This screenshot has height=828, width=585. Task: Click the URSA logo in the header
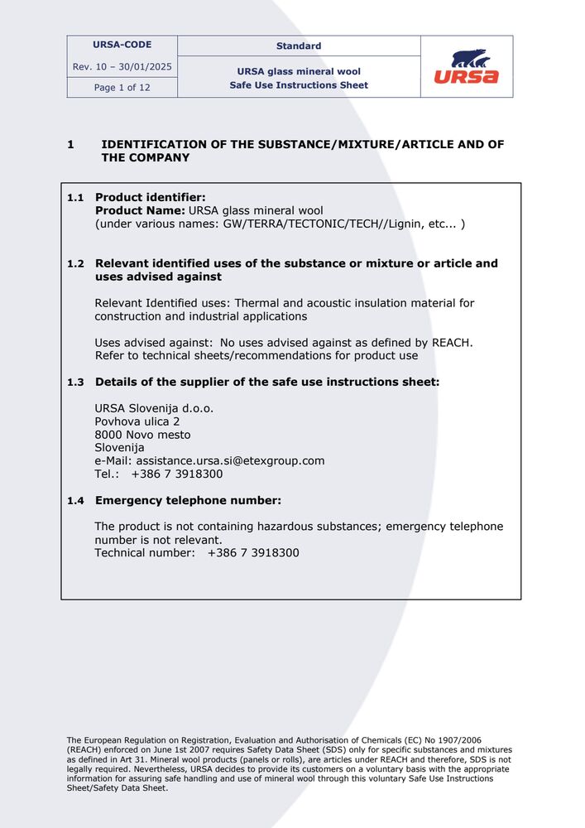point(467,67)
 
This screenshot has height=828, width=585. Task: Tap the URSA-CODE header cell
point(122,45)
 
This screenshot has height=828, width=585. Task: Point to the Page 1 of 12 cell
point(122,87)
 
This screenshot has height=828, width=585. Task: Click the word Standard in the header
point(299,46)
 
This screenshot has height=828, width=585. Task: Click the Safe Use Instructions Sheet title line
point(299,85)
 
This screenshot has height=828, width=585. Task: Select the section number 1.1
point(75,198)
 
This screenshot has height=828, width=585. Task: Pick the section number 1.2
point(75,264)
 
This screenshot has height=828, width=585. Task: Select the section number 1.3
point(75,383)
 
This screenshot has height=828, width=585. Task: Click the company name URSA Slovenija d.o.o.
point(155,408)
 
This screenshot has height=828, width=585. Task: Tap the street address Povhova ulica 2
point(137,421)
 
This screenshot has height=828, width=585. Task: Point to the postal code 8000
point(108,435)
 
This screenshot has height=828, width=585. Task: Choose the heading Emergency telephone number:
point(188,500)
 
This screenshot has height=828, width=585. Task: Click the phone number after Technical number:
point(253,552)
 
